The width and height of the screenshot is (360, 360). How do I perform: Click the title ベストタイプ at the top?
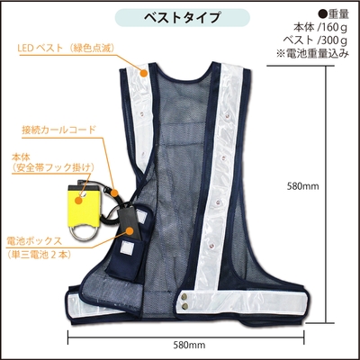tap(183, 18)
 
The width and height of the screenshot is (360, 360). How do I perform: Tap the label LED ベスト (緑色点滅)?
tap(66, 49)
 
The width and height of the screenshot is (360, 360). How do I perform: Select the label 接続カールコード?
tap(58, 130)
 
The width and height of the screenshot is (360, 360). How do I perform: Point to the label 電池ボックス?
tap(34, 240)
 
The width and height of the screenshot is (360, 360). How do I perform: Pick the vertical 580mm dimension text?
tap(302, 186)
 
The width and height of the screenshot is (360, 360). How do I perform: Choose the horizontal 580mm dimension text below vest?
tap(189, 345)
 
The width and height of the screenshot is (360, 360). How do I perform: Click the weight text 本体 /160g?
tap(320, 28)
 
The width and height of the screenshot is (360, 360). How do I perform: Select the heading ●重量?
tap(333, 14)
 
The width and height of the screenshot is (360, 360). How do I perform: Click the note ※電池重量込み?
tap(312, 53)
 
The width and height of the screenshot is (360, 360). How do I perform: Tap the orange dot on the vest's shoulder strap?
tap(144, 73)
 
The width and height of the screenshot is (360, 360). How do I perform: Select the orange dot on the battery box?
tap(130, 230)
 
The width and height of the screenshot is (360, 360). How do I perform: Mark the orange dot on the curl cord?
tap(114, 193)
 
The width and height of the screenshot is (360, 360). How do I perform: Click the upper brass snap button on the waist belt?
tap(184, 296)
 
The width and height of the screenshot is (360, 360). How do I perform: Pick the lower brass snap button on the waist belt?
tap(185, 305)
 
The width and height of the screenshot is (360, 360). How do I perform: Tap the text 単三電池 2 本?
tap(40, 255)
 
